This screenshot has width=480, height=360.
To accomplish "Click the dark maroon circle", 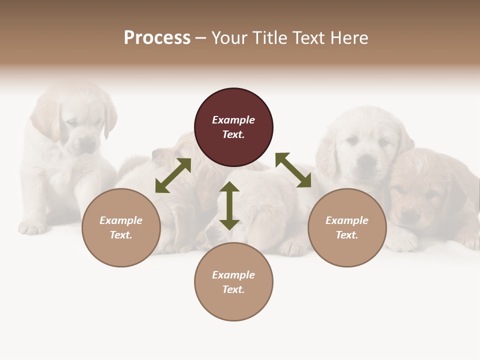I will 233,127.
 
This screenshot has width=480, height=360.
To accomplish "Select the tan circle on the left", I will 121,228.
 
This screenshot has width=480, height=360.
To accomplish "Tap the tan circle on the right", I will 347,228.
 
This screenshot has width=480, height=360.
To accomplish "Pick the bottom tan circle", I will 233,282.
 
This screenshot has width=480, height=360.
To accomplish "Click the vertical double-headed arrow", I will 229,205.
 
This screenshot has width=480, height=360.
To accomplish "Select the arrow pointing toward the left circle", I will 173,175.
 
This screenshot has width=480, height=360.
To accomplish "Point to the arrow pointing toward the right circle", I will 293,170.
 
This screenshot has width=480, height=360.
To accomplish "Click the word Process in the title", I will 157,38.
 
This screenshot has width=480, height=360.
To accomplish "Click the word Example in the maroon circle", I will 233,120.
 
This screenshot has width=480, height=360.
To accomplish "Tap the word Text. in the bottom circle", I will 233,289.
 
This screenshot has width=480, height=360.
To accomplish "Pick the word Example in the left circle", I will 121,220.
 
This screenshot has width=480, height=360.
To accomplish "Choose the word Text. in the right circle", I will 347,235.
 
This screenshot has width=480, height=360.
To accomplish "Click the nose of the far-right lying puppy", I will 410,216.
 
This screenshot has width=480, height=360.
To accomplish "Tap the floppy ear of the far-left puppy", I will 110,120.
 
